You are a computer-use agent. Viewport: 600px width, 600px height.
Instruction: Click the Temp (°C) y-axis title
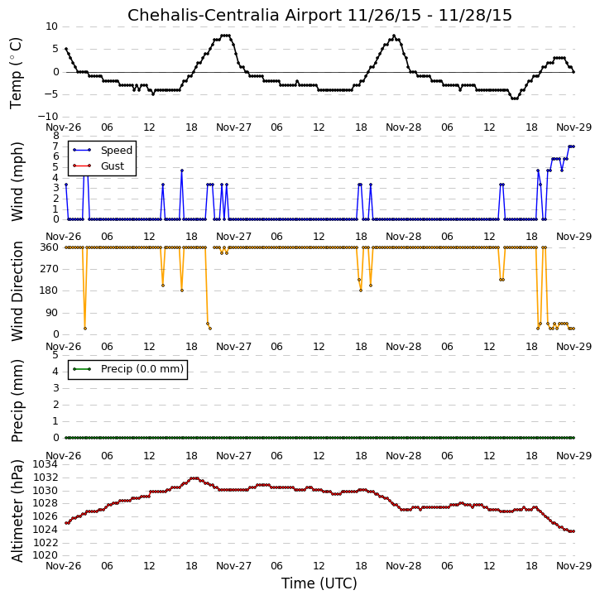(16, 73)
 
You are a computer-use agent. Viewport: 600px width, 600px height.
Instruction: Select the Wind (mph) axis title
(17, 181)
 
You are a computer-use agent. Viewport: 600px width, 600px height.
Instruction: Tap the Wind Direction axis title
(17, 291)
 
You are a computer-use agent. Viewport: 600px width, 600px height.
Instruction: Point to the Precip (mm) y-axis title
(17, 401)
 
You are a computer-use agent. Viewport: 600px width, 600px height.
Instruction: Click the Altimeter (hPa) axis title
(17, 511)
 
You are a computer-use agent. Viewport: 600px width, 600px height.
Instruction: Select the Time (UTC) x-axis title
(319, 583)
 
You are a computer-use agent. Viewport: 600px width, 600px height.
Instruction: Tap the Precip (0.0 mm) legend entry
(127, 369)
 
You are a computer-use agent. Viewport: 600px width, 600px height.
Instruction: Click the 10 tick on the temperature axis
(51, 26)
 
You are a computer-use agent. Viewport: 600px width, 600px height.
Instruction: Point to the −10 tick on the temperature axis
(48, 117)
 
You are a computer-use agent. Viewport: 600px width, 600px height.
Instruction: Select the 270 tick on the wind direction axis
(49, 269)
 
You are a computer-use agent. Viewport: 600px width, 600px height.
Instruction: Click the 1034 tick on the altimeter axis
(46, 464)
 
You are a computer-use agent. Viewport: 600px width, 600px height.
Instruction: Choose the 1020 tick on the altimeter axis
(46, 555)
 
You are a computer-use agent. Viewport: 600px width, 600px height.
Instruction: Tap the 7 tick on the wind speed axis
(56, 146)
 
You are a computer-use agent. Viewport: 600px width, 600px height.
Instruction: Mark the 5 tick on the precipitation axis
(56, 355)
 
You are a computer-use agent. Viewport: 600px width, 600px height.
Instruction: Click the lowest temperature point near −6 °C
(515, 98)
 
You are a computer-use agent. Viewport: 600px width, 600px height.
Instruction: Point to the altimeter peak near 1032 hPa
(194, 478)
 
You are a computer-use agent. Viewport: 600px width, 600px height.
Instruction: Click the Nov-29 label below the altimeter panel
(574, 565)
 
